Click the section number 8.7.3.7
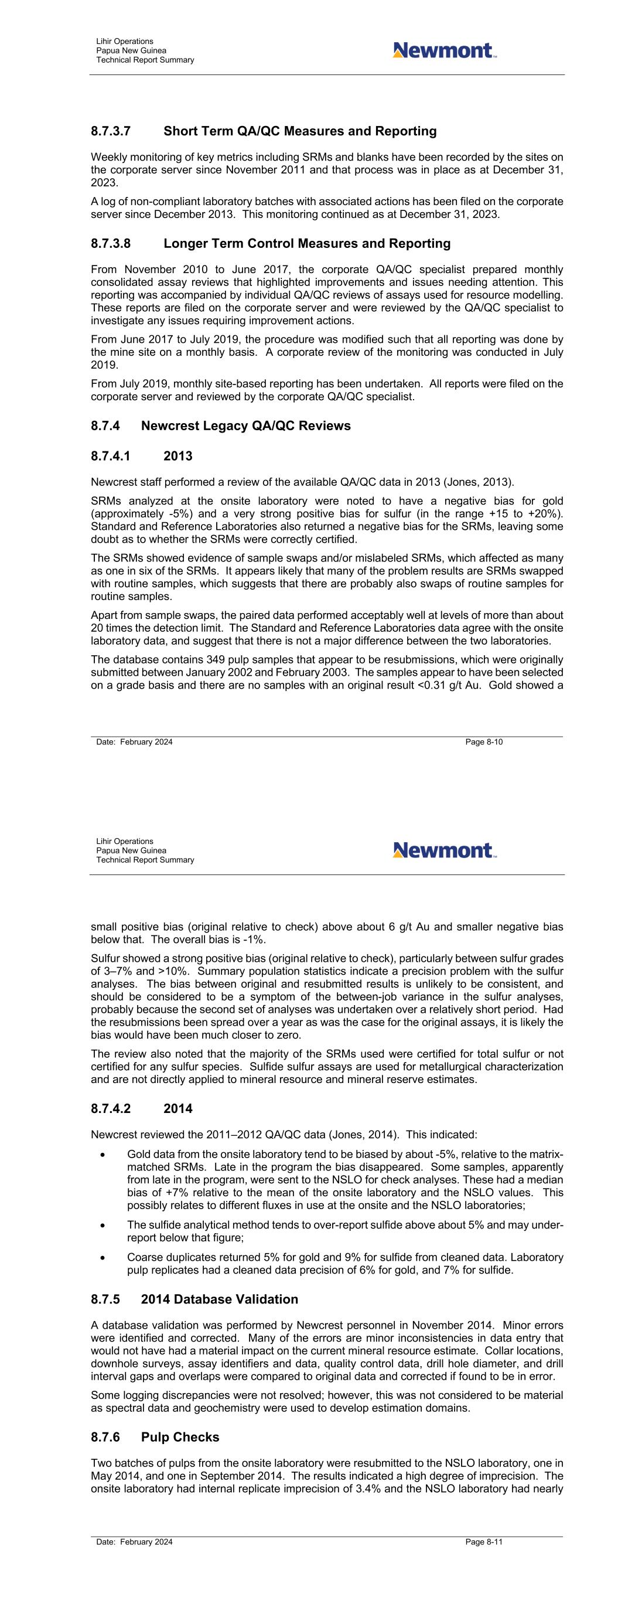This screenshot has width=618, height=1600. tap(111, 132)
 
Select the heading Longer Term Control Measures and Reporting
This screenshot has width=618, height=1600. tap(307, 243)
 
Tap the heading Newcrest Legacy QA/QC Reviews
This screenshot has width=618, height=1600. tap(245, 426)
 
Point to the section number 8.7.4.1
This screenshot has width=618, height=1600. tap(111, 457)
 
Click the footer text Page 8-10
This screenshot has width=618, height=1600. tap(483, 742)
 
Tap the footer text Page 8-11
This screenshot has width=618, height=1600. tap(483, 1542)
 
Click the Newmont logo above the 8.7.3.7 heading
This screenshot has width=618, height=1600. tap(444, 50)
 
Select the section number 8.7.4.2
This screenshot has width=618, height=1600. tap(111, 1109)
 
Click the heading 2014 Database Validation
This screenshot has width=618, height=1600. tap(219, 1299)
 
